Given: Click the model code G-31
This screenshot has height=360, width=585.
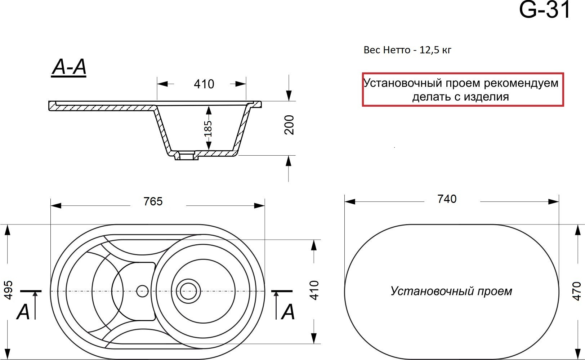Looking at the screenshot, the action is tap(544, 10).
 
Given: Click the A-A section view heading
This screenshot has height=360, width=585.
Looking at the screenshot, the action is tap(69, 67).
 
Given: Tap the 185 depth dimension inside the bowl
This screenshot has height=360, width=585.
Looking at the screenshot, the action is tap(208, 129).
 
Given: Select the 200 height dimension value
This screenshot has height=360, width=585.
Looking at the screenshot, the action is tap(289, 125).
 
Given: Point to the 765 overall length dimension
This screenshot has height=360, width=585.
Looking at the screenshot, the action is tap(153, 201).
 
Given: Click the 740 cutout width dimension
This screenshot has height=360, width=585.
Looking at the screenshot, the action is tap(447, 199).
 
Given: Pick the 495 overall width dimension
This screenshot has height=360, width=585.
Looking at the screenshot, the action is tap(8, 290).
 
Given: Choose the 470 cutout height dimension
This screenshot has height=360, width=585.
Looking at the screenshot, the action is tap(576, 291).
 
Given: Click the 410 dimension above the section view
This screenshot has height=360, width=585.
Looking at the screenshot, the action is tap(204, 84).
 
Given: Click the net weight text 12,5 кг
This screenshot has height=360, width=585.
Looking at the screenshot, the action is tap(436, 50).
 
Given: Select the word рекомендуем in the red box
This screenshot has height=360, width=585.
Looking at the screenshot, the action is tap(521, 83).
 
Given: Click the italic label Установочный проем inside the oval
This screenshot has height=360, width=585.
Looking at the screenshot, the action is tap(451, 291).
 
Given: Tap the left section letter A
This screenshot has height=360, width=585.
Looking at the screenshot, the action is tap(23, 312).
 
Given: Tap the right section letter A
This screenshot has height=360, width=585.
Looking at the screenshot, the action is tap(288, 312).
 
